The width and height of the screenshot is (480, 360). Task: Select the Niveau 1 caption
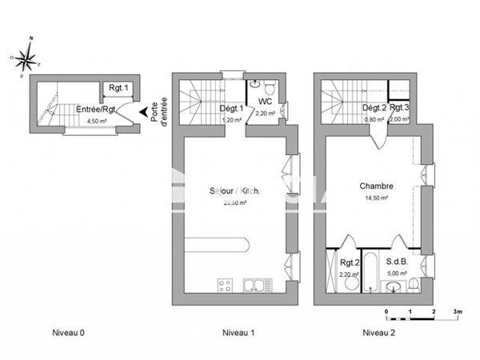(x=238, y=332)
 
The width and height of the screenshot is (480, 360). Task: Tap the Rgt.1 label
(x=118, y=89)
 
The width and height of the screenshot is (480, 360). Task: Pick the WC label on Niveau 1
(x=266, y=102)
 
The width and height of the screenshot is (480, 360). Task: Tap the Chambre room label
(x=374, y=186)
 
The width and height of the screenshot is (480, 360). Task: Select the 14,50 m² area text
(x=376, y=198)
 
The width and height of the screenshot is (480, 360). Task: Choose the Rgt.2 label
(x=348, y=263)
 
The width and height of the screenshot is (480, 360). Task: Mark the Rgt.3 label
(x=399, y=108)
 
